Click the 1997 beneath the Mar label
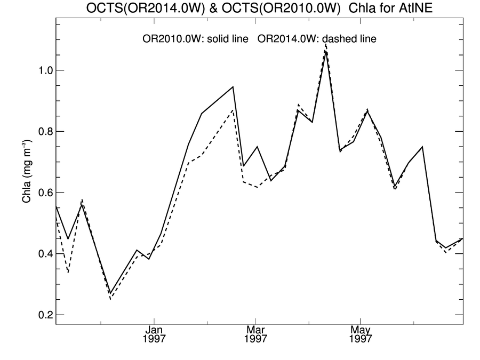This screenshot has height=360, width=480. [x=256, y=339]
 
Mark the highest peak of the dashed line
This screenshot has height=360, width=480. [x=325, y=44]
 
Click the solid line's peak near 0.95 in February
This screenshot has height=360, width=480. [x=233, y=86]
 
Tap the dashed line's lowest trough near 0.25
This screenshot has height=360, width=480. [x=110, y=299]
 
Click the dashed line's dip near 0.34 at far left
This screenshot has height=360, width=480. [x=68, y=272]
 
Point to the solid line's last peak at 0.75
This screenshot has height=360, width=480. [x=422, y=147]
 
